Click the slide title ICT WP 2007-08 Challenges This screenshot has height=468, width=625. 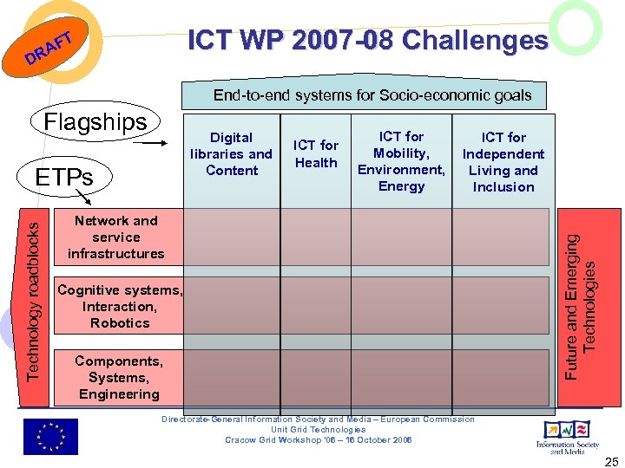(x=368, y=41)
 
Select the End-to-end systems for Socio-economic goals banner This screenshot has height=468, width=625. (x=372, y=95)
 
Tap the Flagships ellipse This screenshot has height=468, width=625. (x=95, y=122)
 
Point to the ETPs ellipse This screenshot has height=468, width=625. (x=63, y=178)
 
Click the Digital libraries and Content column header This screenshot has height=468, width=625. (x=231, y=154)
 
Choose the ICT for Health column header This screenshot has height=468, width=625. (x=316, y=154)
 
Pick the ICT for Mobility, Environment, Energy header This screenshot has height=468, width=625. (x=401, y=161)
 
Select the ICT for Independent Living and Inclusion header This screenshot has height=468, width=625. (x=503, y=162)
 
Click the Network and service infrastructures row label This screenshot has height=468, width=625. (x=115, y=237)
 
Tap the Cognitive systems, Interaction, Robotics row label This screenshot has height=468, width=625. (x=120, y=306)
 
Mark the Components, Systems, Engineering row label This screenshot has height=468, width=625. (x=119, y=377)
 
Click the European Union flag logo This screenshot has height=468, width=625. (x=50, y=436)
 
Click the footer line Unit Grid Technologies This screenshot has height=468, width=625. (x=319, y=429)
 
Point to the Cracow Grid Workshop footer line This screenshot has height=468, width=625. (x=319, y=439)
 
